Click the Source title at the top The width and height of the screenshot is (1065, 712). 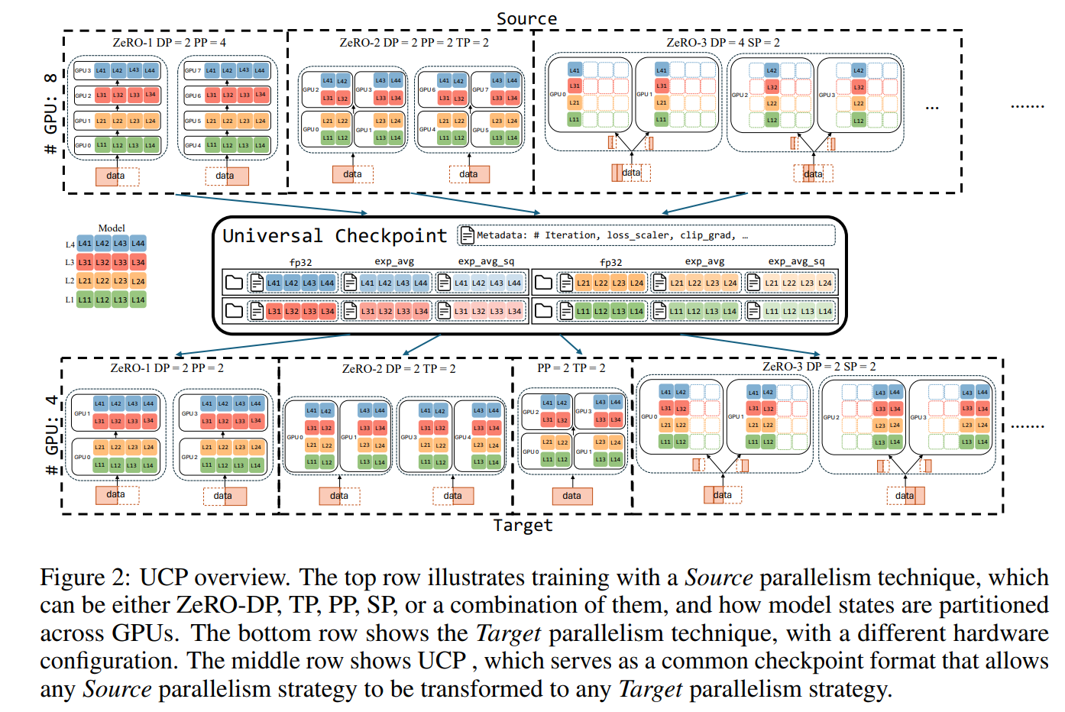point(526,18)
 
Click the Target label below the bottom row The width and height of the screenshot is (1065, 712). point(523,525)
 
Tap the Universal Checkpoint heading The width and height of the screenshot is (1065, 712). point(334,236)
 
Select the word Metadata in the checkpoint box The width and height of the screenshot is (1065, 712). point(501,235)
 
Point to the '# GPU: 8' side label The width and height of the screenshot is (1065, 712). point(50,114)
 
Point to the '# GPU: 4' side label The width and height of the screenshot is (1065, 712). point(51,435)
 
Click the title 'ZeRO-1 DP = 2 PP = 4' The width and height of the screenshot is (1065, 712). point(169,43)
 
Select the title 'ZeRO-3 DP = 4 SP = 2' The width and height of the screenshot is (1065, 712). point(723,43)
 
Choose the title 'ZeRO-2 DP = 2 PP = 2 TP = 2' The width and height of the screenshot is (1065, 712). point(414,43)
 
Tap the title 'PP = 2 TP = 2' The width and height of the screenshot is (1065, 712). point(571,368)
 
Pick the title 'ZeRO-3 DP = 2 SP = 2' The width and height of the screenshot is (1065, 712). point(819,367)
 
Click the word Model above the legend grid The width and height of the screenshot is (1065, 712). point(112,228)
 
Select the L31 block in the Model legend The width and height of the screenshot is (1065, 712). point(85,262)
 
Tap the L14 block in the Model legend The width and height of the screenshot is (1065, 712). point(138,299)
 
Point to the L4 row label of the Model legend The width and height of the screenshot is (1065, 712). point(70,244)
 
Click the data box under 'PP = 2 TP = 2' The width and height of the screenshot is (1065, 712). point(571,496)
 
